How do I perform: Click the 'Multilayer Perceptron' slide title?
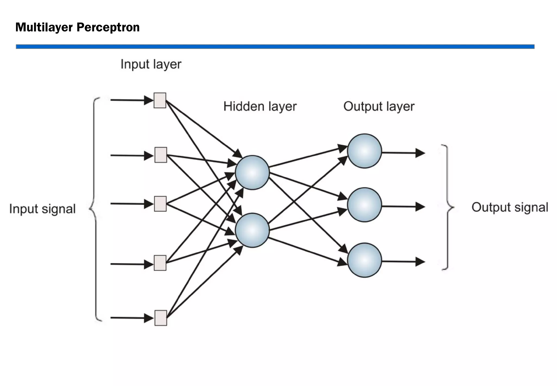pyautogui.click(x=78, y=27)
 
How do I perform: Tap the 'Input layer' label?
pyautogui.click(x=151, y=65)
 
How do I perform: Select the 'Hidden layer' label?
pyautogui.click(x=260, y=106)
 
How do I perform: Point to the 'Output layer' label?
pyautogui.click(x=379, y=106)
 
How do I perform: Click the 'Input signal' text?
pyautogui.click(x=42, y=209)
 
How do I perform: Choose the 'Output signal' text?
pyautogui.click(x=509, y=207)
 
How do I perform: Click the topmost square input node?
pyautogui.click(x=160, y=100)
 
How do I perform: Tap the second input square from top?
pyautogui.click(x=161, y=155)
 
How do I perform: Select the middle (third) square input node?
pyautogui.click(x=160, y=204)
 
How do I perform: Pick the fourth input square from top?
pyautogui.click(x=160, y=263)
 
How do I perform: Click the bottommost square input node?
pyautogui.click(x=161, y=318)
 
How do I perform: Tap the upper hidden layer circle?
pyautogui.click(x=252, y=173)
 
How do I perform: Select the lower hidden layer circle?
pyautogui.click(x=252, y=230)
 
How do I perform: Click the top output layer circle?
pyautogui.click(x=364, y=151)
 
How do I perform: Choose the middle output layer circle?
pyautogui.click(x=364, y=205)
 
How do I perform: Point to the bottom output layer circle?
pyautogui.click(x=364, y=260)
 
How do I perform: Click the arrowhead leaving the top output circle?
pyautogui.click(x=420, y=153)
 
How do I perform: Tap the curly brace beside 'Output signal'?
pyautogui.click(x=447, y=207)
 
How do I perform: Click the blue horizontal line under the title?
pyautogui.click(x=275, y=47)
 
